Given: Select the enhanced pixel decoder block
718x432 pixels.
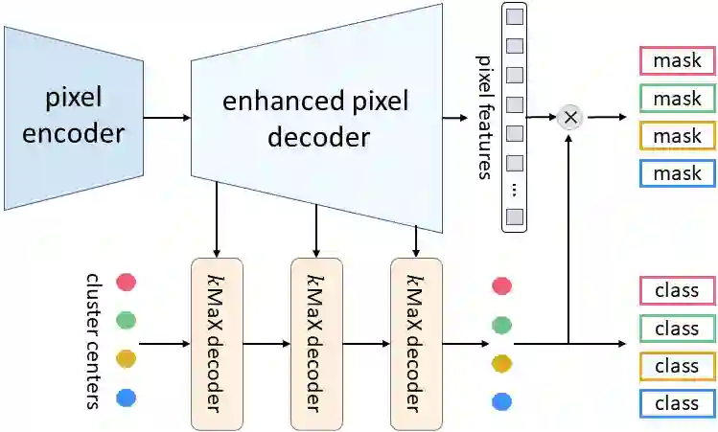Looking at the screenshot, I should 316,120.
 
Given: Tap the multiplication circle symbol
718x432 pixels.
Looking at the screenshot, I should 570,117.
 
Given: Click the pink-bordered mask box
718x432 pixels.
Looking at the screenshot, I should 677,61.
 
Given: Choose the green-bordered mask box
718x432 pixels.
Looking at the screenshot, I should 677,99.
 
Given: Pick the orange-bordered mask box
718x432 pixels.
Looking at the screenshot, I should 677,136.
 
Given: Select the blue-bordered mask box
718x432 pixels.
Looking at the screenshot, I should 677,173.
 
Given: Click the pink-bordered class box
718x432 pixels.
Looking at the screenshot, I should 677,290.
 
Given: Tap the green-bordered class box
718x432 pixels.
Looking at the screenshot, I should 677,329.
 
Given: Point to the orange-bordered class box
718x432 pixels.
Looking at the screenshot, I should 677,366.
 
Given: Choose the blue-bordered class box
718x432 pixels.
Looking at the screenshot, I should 677,403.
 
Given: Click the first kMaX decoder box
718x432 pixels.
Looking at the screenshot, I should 218,343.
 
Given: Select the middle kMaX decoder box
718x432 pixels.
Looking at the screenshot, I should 316,343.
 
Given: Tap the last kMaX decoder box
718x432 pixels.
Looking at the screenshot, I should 416,343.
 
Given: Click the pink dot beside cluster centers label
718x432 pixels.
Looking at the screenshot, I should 126,283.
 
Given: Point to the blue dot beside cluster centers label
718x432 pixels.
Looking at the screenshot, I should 126,397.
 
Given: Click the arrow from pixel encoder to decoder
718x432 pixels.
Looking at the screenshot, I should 167,118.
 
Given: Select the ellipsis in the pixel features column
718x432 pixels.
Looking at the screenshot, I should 515,190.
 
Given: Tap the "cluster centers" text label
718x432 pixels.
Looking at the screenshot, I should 94,340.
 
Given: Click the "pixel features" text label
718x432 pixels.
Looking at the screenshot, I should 483,117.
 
